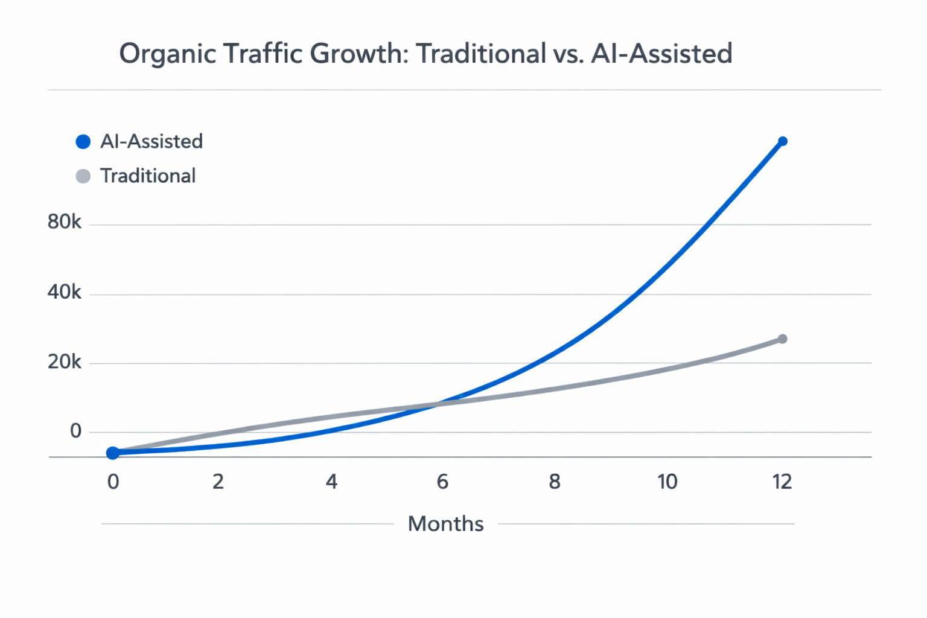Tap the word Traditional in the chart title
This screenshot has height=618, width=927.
(x=481, y=54)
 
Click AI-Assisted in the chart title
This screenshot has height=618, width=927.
(x=661, y=54)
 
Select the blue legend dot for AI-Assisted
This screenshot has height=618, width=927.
(x=83, y=142)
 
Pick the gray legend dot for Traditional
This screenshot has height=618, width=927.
(x=83, y=176)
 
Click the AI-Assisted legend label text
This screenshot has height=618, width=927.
(x=151, y=142)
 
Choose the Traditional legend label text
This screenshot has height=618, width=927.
(x=148, y=176)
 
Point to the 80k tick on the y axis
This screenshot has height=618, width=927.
(x=64, y=223)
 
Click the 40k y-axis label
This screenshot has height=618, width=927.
(x=64, y=293)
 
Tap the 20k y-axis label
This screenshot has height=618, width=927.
(x=64, y=362)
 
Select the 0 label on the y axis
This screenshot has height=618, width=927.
(x=75, y=431)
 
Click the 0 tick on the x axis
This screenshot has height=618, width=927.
(x=113, y=482)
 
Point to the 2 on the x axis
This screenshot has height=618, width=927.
(x=218, y=482)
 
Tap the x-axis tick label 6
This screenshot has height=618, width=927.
(x=442, y=482)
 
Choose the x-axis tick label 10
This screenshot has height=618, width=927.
(x=667, y=482)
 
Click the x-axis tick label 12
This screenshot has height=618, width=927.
(x=782, y=482)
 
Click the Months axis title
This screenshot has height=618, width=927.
(x=445, y=524)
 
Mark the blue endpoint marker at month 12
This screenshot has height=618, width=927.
(x=783, y=141)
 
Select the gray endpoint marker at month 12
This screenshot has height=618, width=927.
(x=783, y=339)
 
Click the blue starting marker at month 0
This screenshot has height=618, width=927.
(x=113, y=453)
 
